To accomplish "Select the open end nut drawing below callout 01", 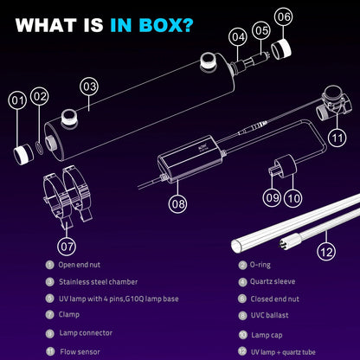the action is [24, 154].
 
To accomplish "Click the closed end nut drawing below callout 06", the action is [281, 49].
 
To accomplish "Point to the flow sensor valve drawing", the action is [333, 103].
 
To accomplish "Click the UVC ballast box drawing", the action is [192, 158].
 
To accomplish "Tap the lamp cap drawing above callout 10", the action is [286, 165].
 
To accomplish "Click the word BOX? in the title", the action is [166, 25].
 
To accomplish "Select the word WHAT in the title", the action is [46, 25].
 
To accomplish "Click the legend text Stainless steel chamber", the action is [98, 282].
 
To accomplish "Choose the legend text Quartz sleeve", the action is [273, 281].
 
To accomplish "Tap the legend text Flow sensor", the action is [80, 351].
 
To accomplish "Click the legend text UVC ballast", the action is [269, 315].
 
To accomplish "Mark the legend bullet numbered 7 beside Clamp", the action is [50, 314].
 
